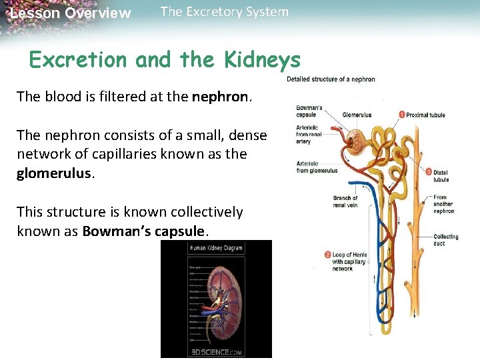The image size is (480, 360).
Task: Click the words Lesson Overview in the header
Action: pyautogui.click(x=71, y=13)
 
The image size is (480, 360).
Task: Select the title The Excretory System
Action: pyautogui.click(x=225, y=11)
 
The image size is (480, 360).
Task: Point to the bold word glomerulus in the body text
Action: pyautogui.click(x=55, y=173)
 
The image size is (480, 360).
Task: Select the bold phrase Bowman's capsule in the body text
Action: pyautogui.click(x=145, y=231)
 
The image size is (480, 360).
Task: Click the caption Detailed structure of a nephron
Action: pyautogui.click(x=331, y=79)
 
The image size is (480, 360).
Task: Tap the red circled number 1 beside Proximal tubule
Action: pyautogui.click(x=402, y=114)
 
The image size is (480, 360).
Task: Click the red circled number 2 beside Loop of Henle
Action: pyautogui.click(x=327, y=254)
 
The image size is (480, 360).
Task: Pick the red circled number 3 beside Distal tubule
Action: pyautogui.click(x=428, y=172)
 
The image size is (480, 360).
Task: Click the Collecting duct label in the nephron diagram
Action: pyautogui.click(x=445, y=240)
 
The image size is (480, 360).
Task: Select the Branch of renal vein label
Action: pyautogui.click(x=345, y=201)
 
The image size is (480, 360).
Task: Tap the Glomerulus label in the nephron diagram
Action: pyautogui.click(x=357, y=114)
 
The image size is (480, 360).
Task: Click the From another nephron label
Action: pyautogui.click(x=443, y=204)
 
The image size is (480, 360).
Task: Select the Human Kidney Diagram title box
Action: pyautogui.click(x=216, y=249)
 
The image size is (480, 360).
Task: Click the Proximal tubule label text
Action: pyautogui.click(x=426, y=114)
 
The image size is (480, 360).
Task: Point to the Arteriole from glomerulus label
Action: pyautogui.click(x=317, y=167)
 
